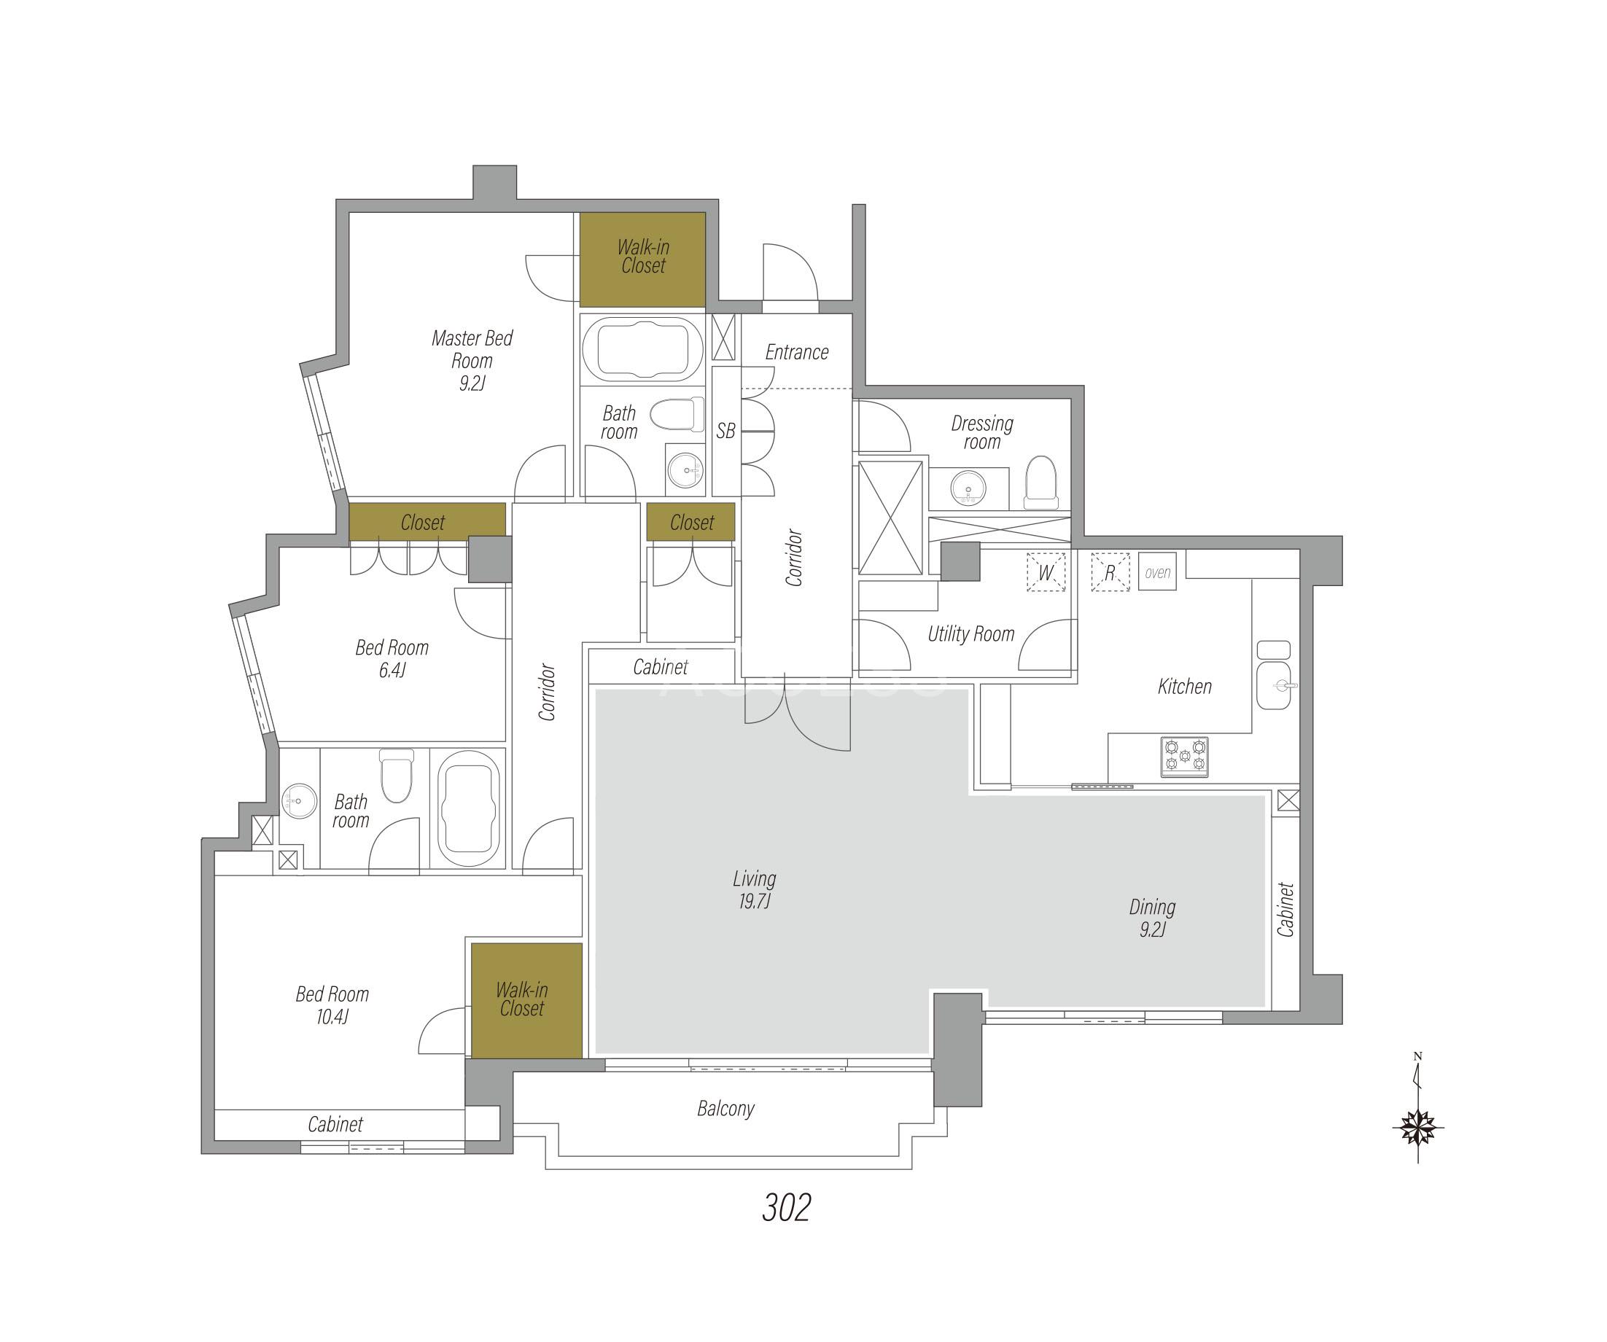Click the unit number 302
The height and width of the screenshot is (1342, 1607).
click(786, 1207)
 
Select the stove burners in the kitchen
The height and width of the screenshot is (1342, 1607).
click(1185, 757)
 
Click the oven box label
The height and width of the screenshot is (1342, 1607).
click(1157, 571)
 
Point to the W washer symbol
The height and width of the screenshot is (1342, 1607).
click(1046, 572)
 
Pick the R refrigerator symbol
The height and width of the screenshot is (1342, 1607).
click(1110, 572)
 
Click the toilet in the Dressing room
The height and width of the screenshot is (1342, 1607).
click(1040, 482)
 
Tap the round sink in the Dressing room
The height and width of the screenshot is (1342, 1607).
click(969, 488)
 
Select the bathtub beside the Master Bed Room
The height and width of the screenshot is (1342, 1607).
click(642, 349)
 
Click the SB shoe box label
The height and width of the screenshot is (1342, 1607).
click(725, 431)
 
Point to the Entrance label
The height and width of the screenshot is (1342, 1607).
click(797, 352)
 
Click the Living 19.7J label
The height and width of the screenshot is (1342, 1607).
click(755, 889)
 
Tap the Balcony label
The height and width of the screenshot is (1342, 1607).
click(725, 1109)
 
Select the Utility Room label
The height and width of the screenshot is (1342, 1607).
click(971, 633)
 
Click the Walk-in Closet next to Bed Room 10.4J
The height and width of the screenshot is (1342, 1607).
click(526, 1001)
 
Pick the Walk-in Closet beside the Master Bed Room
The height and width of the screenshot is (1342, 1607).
click(642, 259)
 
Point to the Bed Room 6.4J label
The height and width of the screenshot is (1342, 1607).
click(392, 658)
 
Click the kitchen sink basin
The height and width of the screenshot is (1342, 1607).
click(1273, 685)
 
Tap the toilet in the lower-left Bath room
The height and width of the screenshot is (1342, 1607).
click(397, 775)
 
